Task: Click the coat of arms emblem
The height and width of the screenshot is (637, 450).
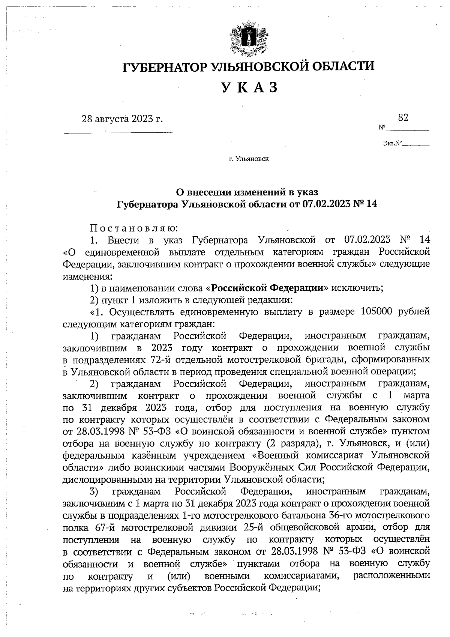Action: pos(248,40)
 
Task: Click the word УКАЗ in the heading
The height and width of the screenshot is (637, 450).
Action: pos(249,87)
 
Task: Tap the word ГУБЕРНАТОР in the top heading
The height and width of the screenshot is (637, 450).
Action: pos(165,66)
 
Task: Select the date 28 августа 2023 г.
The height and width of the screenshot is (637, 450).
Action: pos(123,119)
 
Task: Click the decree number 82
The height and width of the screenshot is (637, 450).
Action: pos(403,118)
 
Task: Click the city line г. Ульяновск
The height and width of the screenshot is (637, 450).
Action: pos(249,159)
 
